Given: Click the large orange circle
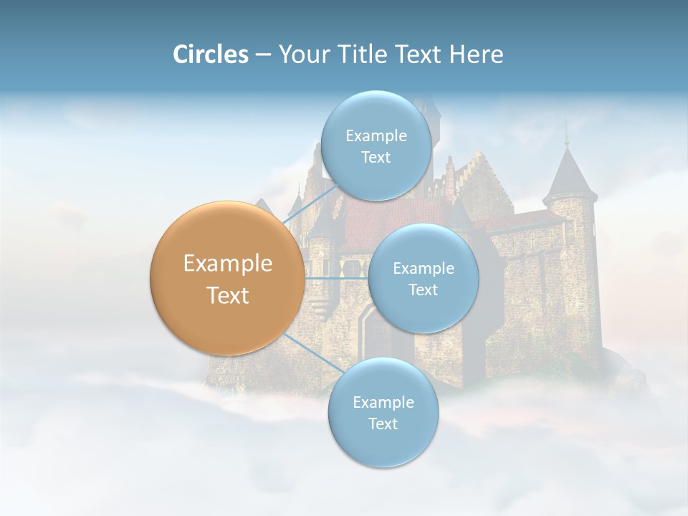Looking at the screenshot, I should [x=227, y=278].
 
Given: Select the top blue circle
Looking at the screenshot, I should [x=376, y=145].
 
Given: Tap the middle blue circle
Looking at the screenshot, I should [x=423, y=278].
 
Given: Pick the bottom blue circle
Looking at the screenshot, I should [x=383, y=412].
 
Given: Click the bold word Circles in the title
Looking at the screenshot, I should [x=210, y=54].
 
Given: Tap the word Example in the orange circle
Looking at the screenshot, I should [x=227, y=264].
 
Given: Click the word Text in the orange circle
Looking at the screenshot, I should [x=227, y=295].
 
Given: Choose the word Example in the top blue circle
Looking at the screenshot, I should [x=376, y=136].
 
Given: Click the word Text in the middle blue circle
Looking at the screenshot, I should [x=423, y=290].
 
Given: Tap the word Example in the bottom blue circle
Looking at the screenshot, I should [x=383, y=403].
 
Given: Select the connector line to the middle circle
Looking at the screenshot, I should [x=337, y=278].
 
